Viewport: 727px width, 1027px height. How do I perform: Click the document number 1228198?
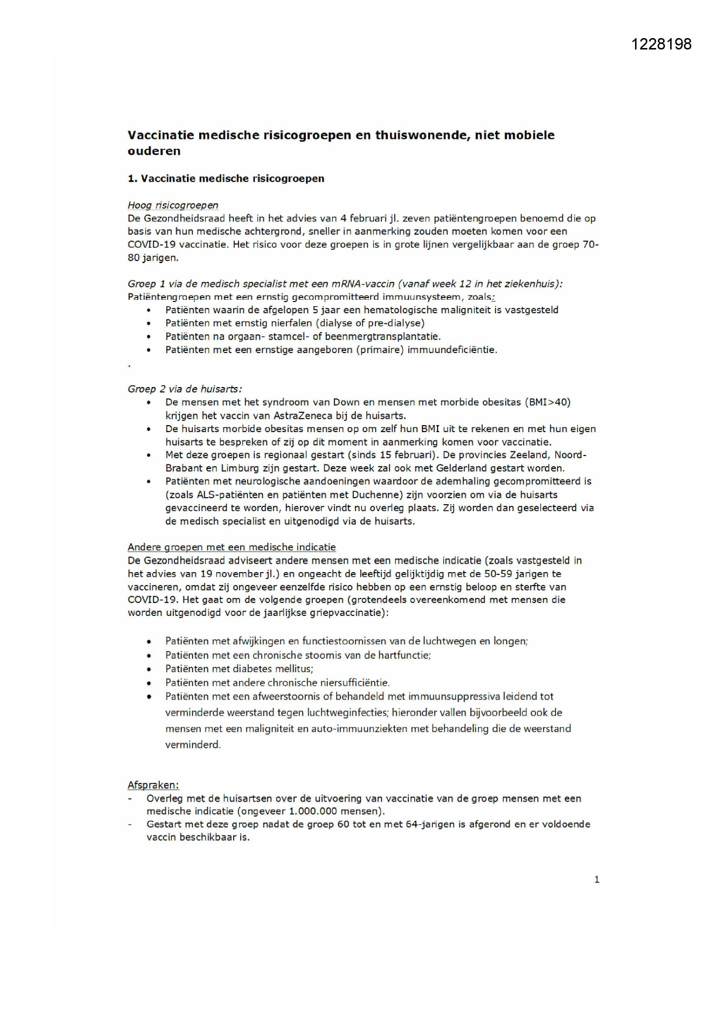coord(661,44)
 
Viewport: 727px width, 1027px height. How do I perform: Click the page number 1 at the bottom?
coord(596,879)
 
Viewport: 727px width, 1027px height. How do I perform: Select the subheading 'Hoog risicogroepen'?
coord(173,205)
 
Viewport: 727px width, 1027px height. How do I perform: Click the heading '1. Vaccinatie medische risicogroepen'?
coord(226,179)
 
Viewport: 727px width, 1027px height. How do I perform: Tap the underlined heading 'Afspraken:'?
coord(153,785)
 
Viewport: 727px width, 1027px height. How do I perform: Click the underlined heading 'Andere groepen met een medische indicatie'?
coord(231,547)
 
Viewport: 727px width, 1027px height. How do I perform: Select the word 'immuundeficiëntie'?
coord(452,350)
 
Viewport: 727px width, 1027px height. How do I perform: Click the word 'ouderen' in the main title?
coord(154,151)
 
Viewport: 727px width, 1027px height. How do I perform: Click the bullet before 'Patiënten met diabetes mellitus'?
coord(149,669)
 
